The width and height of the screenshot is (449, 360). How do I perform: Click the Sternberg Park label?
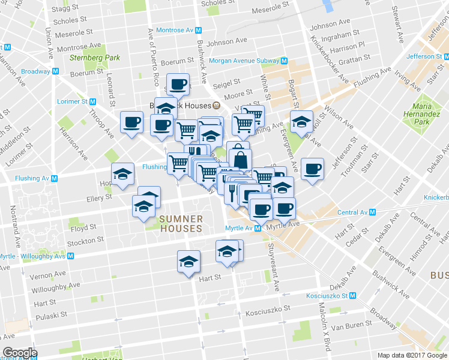point(94,58)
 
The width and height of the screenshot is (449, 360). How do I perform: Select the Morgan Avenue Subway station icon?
point(283,61)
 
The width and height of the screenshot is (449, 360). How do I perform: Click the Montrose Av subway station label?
point(174,30)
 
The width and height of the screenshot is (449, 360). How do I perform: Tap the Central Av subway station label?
point(352,212)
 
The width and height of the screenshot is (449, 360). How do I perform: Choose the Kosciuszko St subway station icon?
point(354,296)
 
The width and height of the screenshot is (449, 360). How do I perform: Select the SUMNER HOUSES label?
point(181,224)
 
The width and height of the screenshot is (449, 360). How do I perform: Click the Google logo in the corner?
point(20,353)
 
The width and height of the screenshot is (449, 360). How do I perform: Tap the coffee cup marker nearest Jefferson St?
point(312,168)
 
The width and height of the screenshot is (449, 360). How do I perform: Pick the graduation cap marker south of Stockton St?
point(188,261)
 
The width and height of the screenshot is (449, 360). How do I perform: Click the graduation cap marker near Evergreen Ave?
point(301,121)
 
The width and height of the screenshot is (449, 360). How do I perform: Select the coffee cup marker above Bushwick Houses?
point(177,84)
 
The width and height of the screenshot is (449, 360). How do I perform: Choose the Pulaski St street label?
point(46,316)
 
